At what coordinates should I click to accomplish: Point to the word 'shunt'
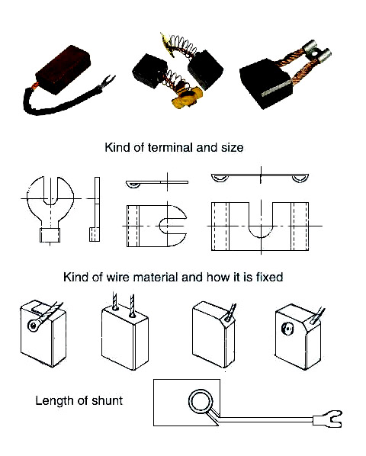click(107, 400)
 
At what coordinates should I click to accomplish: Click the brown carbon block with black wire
click(63, 70)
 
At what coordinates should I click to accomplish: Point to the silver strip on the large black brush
click(276, 88)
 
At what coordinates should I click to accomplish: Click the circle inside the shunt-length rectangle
click(201, 401)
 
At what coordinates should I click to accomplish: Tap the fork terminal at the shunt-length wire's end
click(328, 419)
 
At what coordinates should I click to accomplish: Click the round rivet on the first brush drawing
click(34, 326)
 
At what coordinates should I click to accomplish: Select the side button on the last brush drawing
click(287, 329)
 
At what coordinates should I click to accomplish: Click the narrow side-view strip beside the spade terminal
click(95, 209)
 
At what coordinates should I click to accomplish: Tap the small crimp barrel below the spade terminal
click(50, 236)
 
